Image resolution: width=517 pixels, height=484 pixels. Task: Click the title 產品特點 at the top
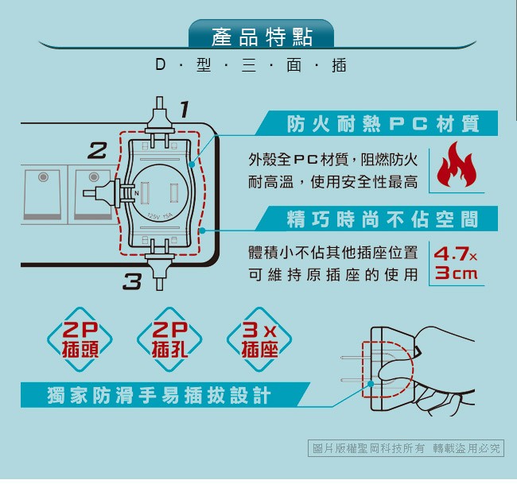(x=262, y=37)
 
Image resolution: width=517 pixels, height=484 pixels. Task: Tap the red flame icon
(x=457, y=165)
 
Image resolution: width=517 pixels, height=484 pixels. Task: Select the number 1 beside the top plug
(x=185, y=109)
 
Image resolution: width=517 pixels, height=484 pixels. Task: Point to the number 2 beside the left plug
(x=98, y=150)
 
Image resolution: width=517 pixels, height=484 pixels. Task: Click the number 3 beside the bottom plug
(x=132, y=281)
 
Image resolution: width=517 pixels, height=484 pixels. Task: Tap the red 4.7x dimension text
(x=455, y=254)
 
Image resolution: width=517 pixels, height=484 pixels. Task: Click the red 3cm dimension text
(x=456, y=273)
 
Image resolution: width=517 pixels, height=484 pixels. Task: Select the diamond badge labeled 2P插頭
(x=80, y=339)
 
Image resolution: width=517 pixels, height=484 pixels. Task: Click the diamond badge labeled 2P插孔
(x=169, y=339)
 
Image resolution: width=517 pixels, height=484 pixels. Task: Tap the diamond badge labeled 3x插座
(x=259, y=339)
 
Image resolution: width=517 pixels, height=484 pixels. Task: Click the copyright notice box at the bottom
(x=406, y=448)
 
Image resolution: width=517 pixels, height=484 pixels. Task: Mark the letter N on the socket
(x=137, y=193)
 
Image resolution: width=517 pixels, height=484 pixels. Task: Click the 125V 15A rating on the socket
(x=160, y=216)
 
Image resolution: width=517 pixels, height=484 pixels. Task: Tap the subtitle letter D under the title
(x=160, y=64)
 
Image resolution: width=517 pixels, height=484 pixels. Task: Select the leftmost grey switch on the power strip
(x=43, y=194)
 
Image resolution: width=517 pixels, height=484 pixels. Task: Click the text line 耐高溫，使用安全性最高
(x=333, y=182)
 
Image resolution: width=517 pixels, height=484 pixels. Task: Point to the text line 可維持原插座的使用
(x=333, y=274)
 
